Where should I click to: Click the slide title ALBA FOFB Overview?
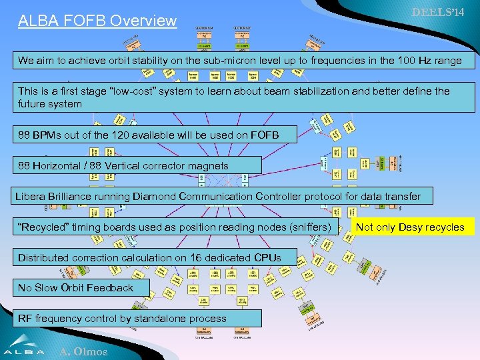tap(97, 21)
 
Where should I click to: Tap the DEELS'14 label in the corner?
tap(438, 13)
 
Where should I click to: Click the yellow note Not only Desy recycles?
tap(410, 227)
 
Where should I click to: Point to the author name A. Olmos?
tap(83, 351)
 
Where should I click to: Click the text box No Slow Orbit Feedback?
tap(75, 288)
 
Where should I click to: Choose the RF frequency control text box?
tap(122, 318)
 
